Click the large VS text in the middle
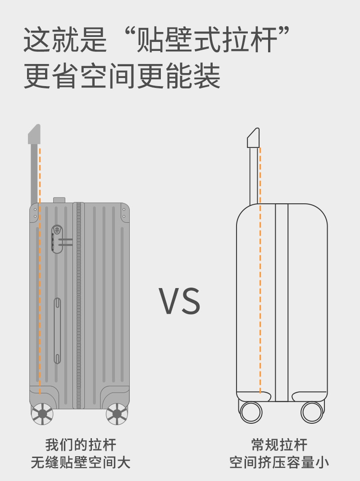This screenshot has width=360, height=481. click(x=179, y=301)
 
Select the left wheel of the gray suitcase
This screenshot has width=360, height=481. click(x=42, y=413)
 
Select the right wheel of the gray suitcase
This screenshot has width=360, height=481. click(x=117, y=413)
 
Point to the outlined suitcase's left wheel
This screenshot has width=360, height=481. click(x=251, y=412)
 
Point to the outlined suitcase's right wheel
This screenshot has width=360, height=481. click(x=312, y=412)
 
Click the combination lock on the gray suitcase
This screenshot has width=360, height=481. click(x=56, y=238)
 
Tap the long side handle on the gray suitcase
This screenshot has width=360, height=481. click(x=58, y=330)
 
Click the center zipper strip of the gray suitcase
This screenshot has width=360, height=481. click(x=79, y=307)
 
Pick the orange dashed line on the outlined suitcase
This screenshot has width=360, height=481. click(x=260, y=270)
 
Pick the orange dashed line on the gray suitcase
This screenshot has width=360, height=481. click(x=40, y=270)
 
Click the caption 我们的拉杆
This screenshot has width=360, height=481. click(x=81, y=445)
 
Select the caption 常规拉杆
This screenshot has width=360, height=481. click(x=279, y=445)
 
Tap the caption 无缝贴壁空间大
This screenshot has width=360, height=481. click(x=81, y=463)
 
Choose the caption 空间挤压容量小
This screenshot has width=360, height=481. click(x=279, y=463)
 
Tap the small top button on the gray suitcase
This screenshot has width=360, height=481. click(x=59, y=200)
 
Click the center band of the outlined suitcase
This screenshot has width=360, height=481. click(x=282, y=302)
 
